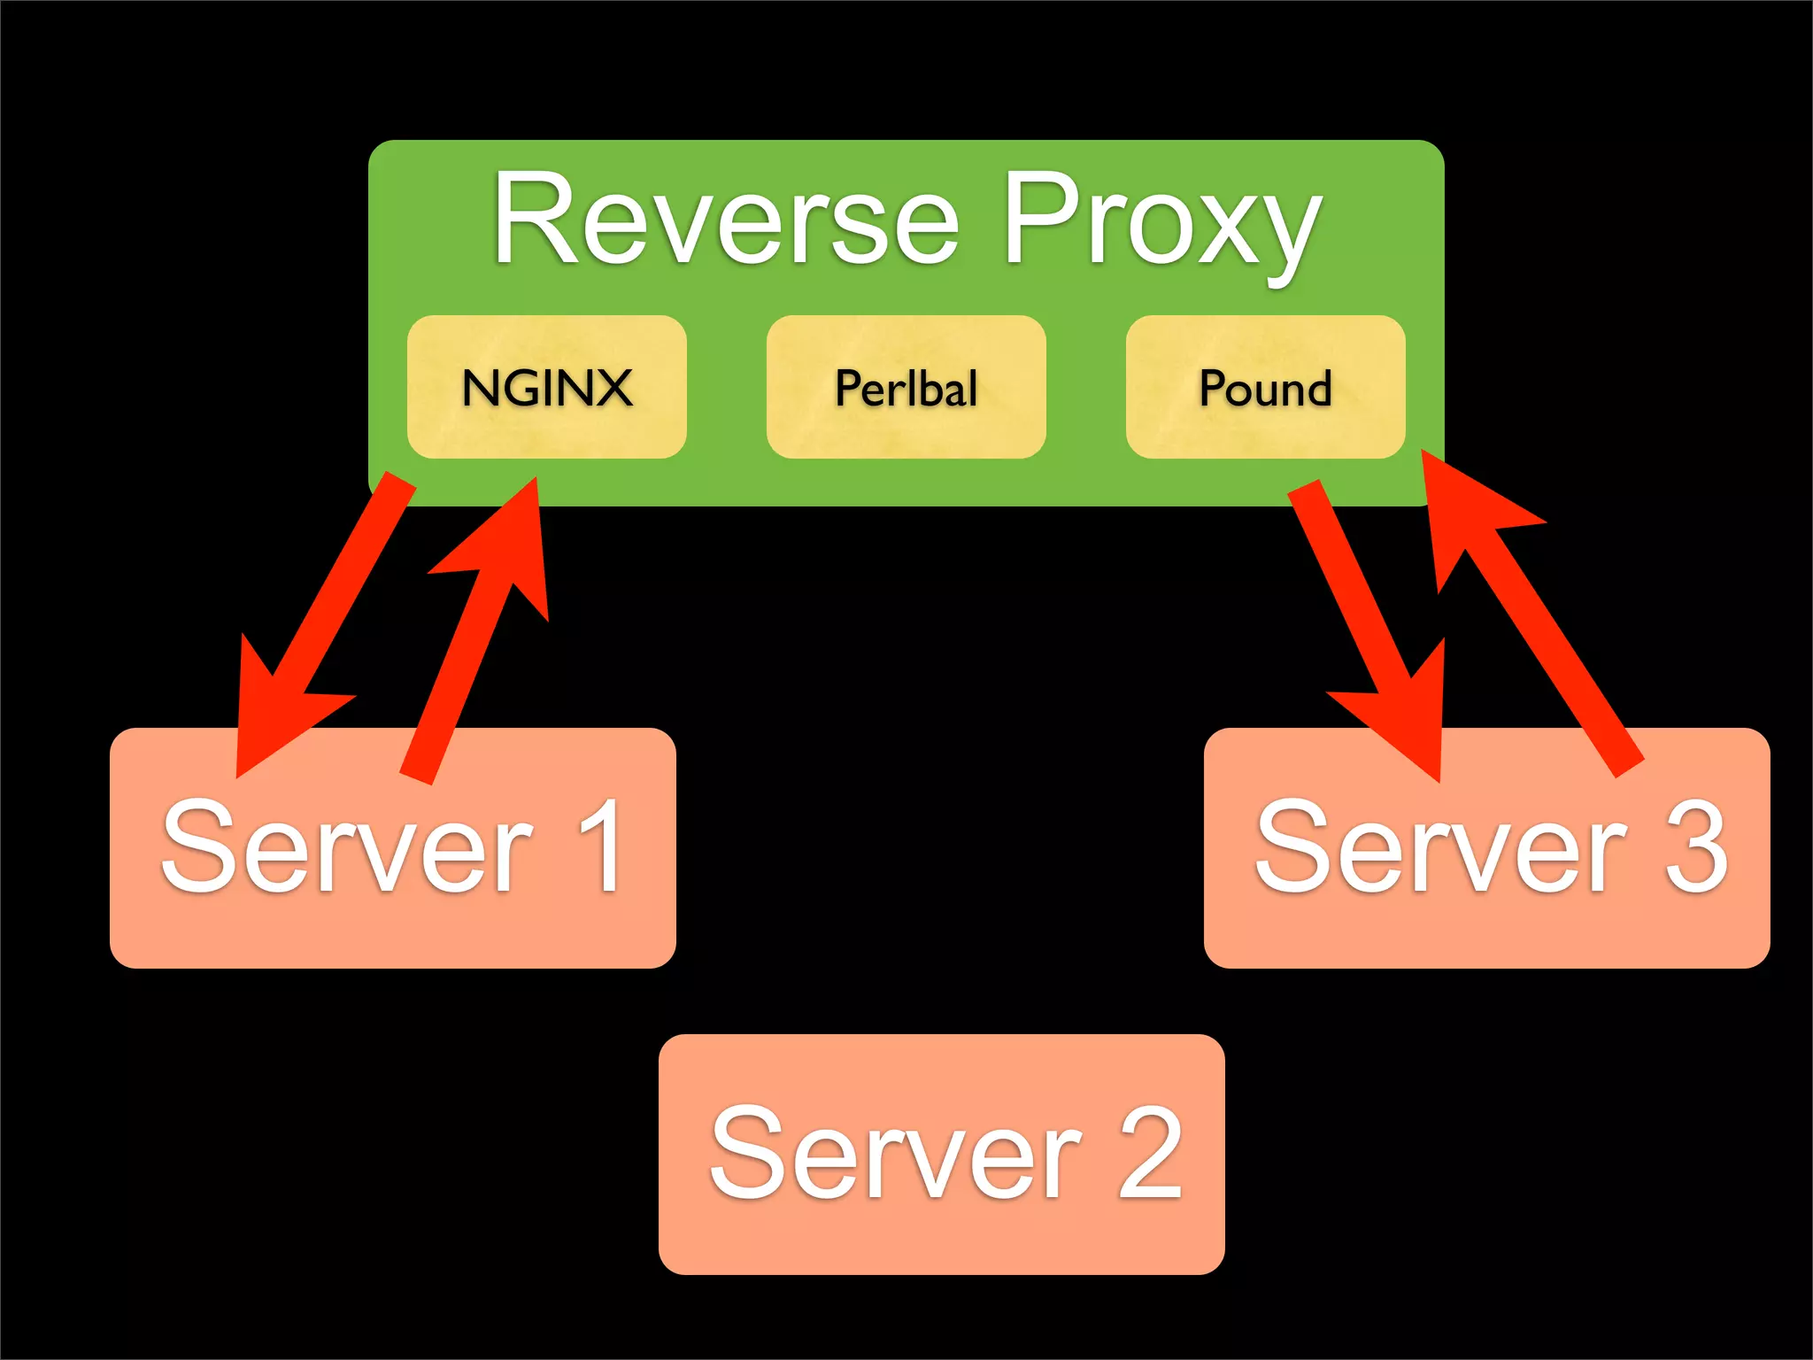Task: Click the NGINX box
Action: tap(546, 387)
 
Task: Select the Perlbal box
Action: tap(906, 387)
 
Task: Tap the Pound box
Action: tap(1265, 387)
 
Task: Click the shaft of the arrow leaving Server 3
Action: tap(1558, 664)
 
